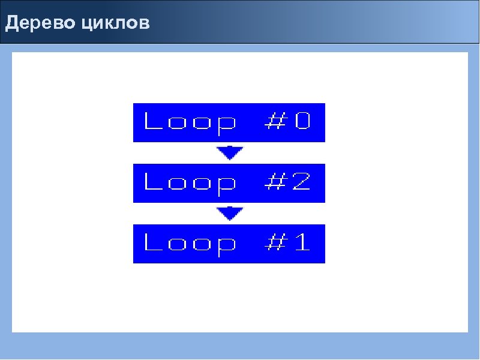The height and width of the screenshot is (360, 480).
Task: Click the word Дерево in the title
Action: pyautogui.click(x=40, y=24)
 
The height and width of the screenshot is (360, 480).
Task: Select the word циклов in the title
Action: pyautogui.click(x=116, y=25)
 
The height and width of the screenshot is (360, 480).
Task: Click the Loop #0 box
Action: pyautogui.click(x=229, y=122)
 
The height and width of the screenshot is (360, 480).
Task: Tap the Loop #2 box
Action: pyautogui.click(x=229, y=182)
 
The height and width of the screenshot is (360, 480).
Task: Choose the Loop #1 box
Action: pyautogui.click(x=229, y=244)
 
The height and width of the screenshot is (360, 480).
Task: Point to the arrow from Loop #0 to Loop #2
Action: pyautogui.click(x=229, y=153)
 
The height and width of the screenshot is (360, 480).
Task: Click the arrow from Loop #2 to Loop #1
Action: pyautogui.click(x=229, y=213)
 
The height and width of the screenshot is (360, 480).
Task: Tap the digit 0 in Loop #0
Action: pyautogui.click(x=302, y=122)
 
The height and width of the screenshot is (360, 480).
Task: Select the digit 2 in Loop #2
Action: pyautogui.click(x=302, y=182)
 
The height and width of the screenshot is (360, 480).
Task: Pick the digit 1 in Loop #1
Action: pyautogui.click(x=302, y=243)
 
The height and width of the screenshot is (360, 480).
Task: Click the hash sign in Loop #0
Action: pyautogui.click(x=274, y=122)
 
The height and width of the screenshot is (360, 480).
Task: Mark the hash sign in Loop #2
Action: pyautogui.click(x=274, y=182)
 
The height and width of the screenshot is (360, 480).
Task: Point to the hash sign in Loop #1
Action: pyautogui.click(x=274, y=243)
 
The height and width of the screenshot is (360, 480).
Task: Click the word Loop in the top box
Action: pyautogui.click(x=190, y=123)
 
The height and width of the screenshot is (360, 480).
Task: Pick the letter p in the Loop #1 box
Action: pyautogui.click(x=226, y=246)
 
